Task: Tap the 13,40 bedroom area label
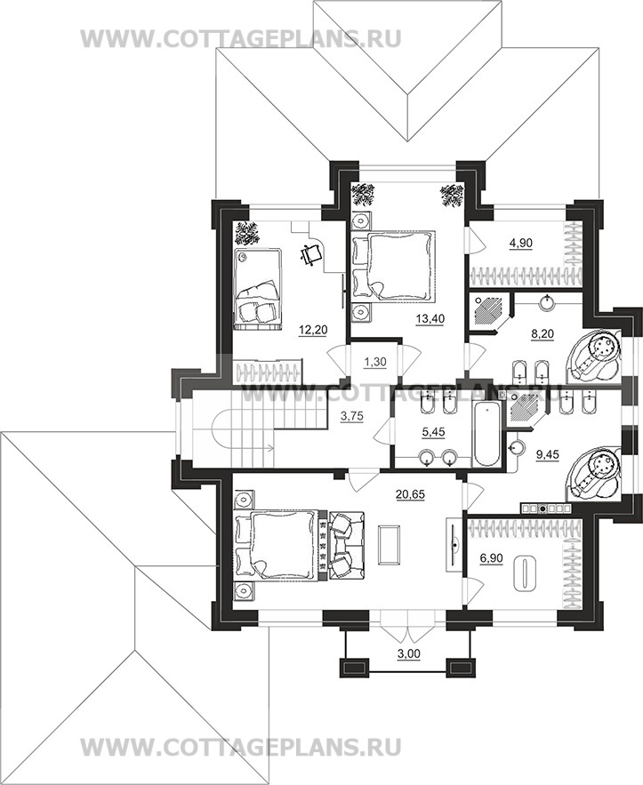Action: click(x=430, y=318)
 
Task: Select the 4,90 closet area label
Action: click(x=520, y=244)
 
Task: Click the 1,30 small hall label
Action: click(x=374, y=362)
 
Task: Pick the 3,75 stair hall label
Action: click(x=351, y=415)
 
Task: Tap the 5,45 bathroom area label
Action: click(x=434, y=431)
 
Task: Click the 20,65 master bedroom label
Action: click(x=410, y=494)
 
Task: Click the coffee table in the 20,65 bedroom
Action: click(x=390, y=545)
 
